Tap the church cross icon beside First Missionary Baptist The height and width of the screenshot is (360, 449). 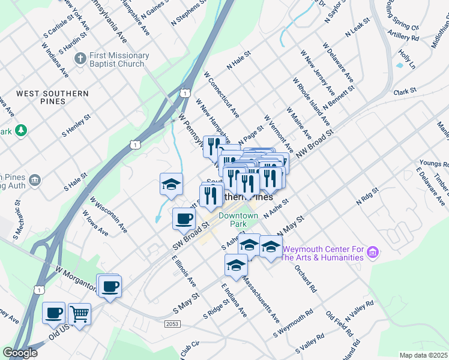80,59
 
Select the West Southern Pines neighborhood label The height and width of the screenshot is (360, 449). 52,97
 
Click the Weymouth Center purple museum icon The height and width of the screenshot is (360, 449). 373,253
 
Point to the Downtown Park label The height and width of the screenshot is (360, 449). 238,220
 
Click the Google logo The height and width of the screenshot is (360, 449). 20,353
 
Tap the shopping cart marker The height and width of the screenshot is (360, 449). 79,313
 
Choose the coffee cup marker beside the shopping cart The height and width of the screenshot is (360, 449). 54,313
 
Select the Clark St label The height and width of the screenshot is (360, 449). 405,91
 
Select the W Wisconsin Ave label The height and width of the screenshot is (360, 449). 109,215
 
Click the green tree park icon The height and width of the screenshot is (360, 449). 21,130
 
